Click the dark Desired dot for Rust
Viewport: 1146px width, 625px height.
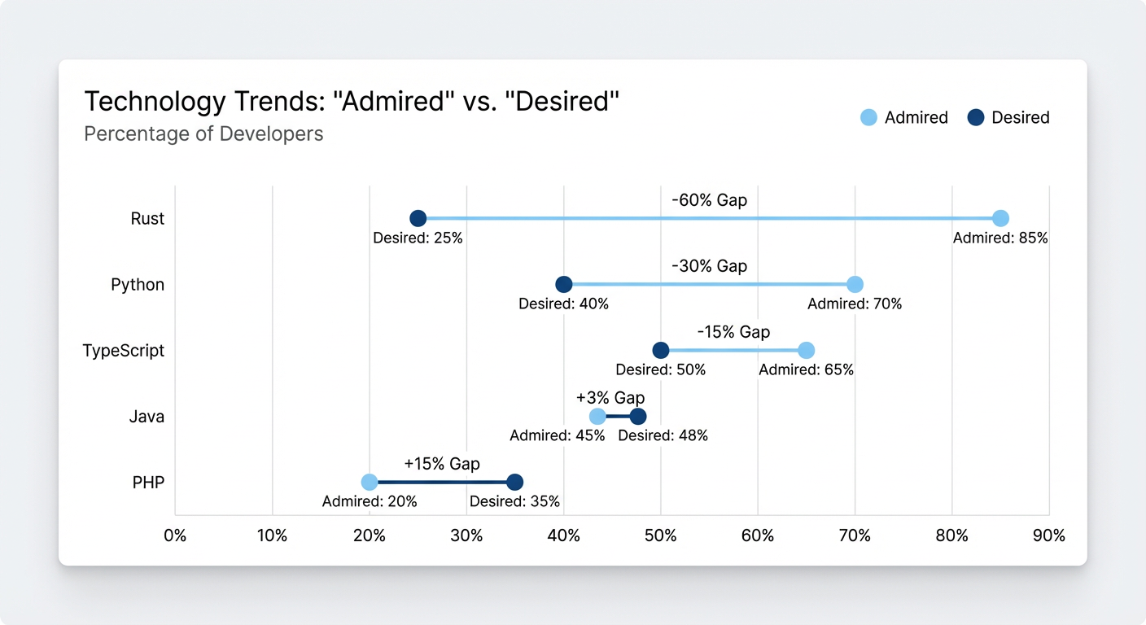click(x=418, y=218)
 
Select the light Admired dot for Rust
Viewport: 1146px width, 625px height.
click(x=1000, y=218)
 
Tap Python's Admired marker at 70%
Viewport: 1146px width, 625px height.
click(x=855, y=284)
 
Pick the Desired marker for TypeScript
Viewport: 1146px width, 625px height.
click(x=661, y=350)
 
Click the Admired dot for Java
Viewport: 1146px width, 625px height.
click(x=597, y=417)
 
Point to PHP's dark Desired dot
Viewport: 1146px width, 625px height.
click(x=514, y=483)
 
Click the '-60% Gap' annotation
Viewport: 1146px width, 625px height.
click(x=709, y=200)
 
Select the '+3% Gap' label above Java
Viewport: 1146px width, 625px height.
click(x=610, y=398)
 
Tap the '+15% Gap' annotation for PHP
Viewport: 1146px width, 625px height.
click(x=442, y=464)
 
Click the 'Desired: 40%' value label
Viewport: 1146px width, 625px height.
click(x=563, y=304)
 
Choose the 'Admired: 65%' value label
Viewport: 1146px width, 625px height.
click(x=806, y=370)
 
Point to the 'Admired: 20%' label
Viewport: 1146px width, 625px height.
click(x=370, y=502)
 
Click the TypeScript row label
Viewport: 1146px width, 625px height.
click(x=123, y=351)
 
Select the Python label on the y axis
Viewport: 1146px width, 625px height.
click(x=138, y=285)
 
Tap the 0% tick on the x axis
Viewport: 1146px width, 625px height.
click(x=175, y=536)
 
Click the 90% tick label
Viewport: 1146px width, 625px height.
click(x=1048, y=536)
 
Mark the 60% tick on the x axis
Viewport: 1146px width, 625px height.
click(x=758, y=536)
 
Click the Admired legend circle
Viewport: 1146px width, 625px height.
click(x=868, y=118)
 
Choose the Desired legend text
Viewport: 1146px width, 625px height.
click(x=1021, y=118)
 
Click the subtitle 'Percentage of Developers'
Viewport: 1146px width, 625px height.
click(x=203, y=133)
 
